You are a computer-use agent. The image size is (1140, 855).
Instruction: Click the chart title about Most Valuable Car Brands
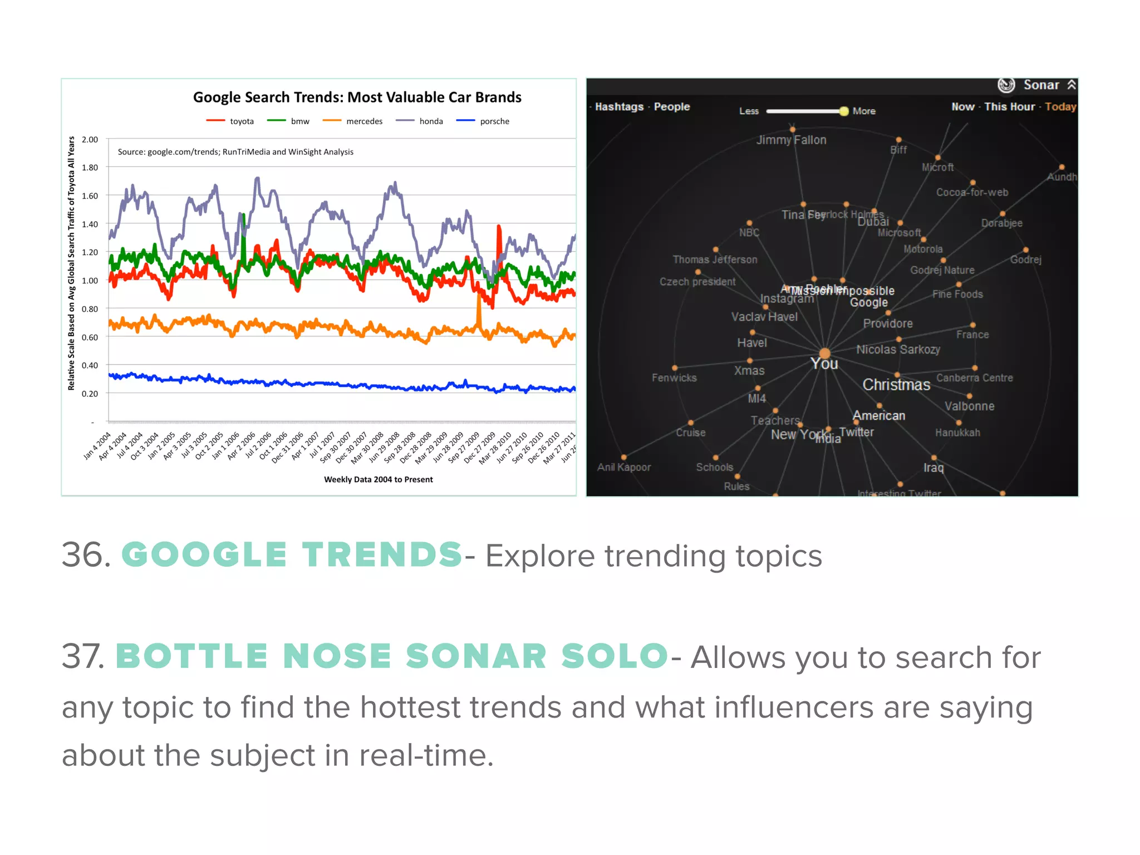click(357, 97)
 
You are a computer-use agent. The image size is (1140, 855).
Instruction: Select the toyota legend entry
click(241, 121)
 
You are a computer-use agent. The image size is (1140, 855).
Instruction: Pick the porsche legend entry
click(494, 121)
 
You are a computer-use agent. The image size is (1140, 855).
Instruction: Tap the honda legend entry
click(430, 121)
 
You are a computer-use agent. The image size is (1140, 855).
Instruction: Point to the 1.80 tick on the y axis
click(90, 168)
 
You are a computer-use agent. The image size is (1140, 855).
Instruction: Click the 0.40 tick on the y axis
click(90, 366)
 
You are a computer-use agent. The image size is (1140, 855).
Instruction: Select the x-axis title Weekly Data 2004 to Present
click(378, 479)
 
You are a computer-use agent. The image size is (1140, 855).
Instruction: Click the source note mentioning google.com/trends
click(235, 152)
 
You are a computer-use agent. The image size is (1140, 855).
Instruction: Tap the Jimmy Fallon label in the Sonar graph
click(791, 140)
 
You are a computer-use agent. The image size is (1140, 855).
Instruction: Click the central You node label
click(824, 363)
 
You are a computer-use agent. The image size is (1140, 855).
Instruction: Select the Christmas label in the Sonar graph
click(896, 385)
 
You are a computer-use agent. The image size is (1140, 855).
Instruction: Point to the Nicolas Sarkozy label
click(898, 350)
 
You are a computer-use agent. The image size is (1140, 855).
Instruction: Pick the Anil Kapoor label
click(623, 468)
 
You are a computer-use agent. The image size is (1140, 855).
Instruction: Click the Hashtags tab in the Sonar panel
click(619, 107)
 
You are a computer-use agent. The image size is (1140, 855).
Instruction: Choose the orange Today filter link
click(1060, 107)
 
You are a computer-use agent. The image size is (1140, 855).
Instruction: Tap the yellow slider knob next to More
click(844, 111)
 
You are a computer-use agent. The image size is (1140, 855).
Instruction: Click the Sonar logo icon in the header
click(1006, 85)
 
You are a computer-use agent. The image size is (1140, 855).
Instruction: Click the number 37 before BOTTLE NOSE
click(82, 656)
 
